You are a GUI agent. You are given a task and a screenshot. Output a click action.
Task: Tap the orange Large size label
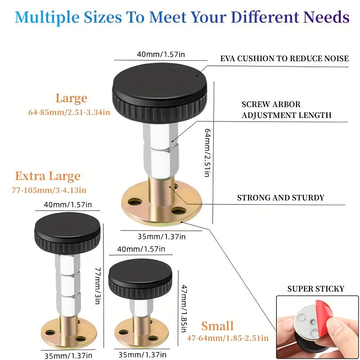click(x=72, y=99)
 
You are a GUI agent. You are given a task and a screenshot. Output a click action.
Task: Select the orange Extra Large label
click(x=48, y=176)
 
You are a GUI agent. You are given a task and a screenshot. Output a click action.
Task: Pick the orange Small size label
click(x=217, y=326)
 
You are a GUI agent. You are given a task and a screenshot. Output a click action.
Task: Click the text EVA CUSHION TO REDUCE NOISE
click(x=284, y=58)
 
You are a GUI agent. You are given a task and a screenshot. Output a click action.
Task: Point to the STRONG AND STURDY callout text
click(x=280, y=198)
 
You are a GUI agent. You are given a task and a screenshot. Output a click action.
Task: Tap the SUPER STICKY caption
click(x=316, y=288)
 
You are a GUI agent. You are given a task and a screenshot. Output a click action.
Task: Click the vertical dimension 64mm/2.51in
click(x=207, y=153)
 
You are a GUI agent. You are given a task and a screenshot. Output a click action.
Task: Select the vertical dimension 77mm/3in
click(x=98, y=286)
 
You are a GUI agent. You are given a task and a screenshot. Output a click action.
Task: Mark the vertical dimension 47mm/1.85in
click(x=184, y=308)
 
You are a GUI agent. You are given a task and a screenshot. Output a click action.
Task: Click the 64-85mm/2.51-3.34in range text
click(x=69, y=112)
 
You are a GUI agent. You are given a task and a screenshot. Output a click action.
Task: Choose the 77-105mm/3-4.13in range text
click(x=49, y=190)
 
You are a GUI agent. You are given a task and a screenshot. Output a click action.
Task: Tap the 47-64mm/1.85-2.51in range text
click(x=228, y=338)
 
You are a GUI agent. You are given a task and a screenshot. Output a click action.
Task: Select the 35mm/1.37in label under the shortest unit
click(x=142, y=355)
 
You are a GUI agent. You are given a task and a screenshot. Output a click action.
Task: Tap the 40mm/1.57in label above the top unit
click(x=161, y=54)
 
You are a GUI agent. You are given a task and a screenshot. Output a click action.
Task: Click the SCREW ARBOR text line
click(x=271, y=104)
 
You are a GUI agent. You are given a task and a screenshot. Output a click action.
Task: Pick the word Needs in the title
click(x=326, y=17)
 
